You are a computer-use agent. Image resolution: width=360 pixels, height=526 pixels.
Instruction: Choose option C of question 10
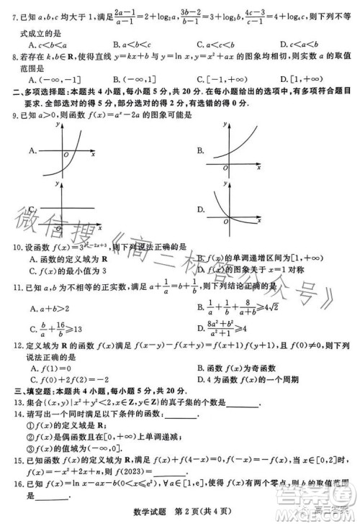(69, 271)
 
